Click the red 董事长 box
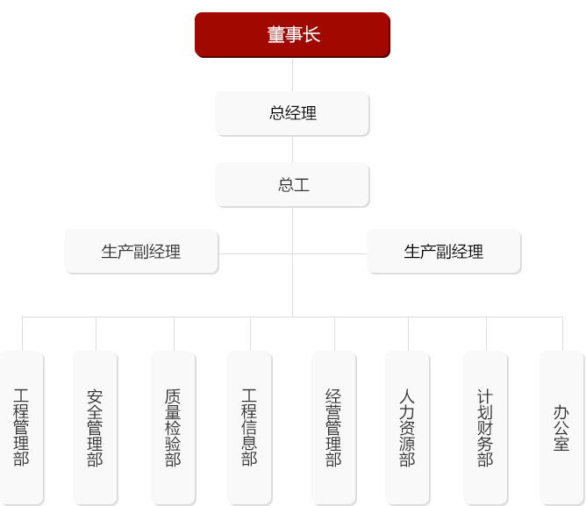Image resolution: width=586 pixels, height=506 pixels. (292, 35)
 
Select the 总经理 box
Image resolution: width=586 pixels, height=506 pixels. (292, 113)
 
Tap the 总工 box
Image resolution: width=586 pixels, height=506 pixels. (292, 185)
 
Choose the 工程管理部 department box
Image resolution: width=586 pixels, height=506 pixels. (22, 427)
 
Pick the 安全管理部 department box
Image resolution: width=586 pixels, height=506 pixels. (96, 427)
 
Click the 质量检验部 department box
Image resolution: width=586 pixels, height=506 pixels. (173, 427)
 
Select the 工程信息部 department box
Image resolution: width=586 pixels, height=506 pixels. (249, 427)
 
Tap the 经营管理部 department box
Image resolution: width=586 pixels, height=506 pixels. (333, 427)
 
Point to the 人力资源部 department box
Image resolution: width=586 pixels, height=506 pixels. (407, 427)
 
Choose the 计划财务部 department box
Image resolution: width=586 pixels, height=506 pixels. (485, 427)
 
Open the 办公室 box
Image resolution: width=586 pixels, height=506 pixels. (561, 427)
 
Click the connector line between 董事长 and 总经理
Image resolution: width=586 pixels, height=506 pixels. (292, 78)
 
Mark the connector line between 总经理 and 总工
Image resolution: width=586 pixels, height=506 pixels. (292, 149)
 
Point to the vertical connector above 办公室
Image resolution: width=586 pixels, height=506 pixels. (561, 333)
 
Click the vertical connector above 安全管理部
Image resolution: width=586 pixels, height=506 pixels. (96, 333)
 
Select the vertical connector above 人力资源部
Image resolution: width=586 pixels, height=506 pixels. (407, 333)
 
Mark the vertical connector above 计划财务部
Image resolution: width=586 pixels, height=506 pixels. (485, 333)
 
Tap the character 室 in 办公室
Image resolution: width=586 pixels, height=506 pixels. (561, 445)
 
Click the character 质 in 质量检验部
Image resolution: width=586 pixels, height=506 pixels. (173, 396)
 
